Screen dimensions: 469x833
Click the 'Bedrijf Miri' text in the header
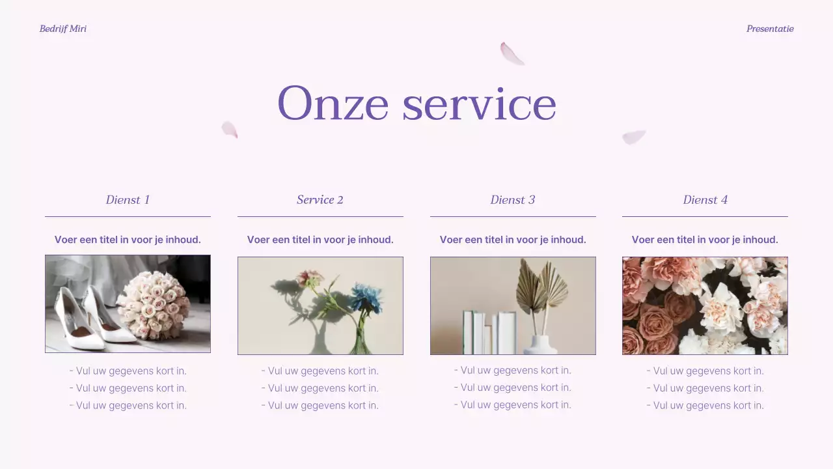point(62,29)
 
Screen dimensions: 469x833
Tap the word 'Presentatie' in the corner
point(770,29)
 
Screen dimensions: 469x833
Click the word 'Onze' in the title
point(333,104)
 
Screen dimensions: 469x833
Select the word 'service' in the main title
point(479,104)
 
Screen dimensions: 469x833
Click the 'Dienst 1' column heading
point(128,200)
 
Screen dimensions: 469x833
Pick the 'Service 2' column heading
point(320,200)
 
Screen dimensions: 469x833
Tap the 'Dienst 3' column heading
point(513,200)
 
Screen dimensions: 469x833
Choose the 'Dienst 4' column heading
point(705,200)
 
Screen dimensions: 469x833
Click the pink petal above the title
point(512,53)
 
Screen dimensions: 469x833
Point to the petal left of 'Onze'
point(230,129)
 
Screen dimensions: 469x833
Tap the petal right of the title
point(633,137)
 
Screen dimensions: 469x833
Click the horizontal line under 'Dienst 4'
point(705,216)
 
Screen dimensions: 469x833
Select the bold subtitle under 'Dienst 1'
point(128,240)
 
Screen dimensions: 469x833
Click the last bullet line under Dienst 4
point(705,405)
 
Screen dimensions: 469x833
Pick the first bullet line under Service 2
point(320,371)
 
